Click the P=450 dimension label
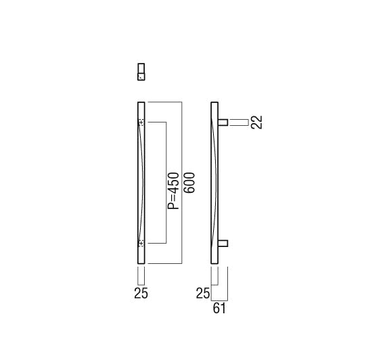click(x=173, y=190)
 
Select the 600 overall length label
click(x=189, y=183)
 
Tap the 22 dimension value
click(x=256, y=122)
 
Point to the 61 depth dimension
click(x=219, y=309)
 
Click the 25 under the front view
click(x=141, y=293)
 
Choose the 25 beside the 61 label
click(x=203, y=293)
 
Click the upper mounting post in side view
click(x=223, y=122)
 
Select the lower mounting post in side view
click(x=223, y=244)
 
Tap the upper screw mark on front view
click(x=141, y=122)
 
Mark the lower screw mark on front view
click(x=141, y=244)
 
